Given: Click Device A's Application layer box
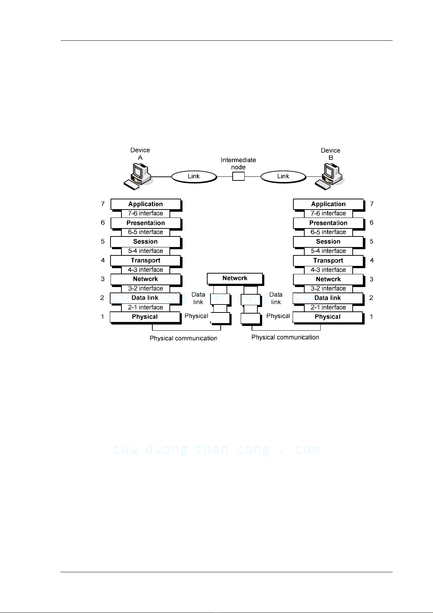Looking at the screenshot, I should [145, 204].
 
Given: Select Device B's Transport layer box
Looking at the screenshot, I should [328, 260].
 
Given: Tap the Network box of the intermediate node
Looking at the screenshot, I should [235, 278].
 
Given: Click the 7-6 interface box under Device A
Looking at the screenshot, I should [145, 214].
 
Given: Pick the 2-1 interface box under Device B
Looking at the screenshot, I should [328, 307].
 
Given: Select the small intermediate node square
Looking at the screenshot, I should [238, 176].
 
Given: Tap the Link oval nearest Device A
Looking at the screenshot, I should [194, 176].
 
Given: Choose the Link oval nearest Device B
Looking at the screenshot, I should [283, 176].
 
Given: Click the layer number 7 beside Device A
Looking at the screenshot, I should [103, 204].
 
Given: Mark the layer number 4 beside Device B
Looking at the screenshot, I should [372, 260].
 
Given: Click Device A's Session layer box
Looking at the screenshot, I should [145, 242].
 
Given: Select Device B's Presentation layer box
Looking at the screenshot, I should [328, 223].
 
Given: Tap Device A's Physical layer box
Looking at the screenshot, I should [145, 317].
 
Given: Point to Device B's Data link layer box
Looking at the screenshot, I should [328, 298].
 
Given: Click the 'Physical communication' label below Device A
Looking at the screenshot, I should [184, 338].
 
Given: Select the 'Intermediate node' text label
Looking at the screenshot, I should [238, 164].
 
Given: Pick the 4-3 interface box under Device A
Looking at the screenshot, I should [145, 270].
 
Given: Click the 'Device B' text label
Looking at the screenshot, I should [330, 154].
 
